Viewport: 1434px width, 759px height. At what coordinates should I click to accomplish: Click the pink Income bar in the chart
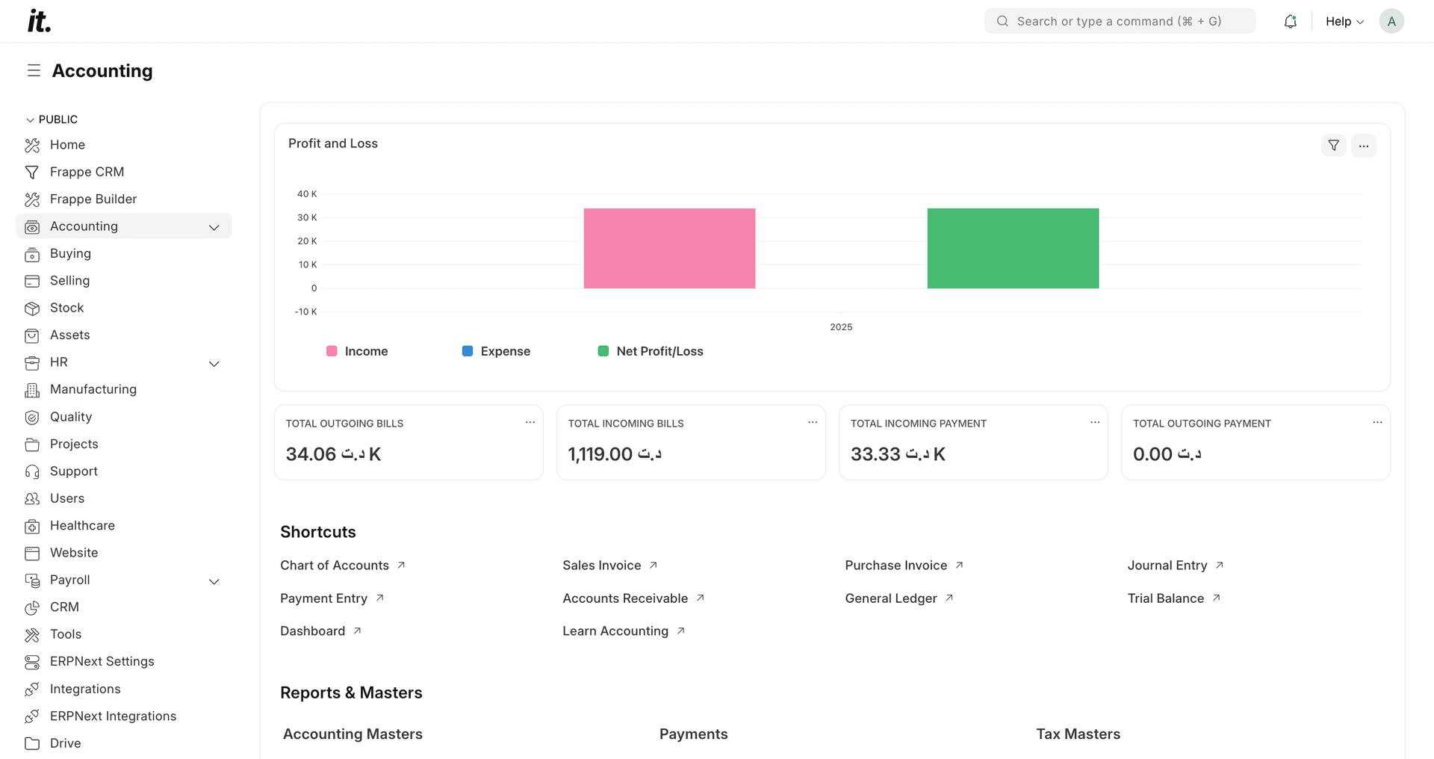(x=669, y=248)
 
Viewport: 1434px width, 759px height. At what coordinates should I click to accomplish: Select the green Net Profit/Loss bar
(x=1013, y=248)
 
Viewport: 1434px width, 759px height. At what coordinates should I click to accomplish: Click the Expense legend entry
(x=496, y=351)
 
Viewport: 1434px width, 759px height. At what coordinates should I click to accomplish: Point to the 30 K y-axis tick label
(x=307, y=217)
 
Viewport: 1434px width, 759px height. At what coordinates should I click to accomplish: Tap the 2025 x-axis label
(x=841, y=327)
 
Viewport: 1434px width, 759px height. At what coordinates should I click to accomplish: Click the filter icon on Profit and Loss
(x=1333, y=146)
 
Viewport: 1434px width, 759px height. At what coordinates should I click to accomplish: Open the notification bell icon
(x=1290, y=22)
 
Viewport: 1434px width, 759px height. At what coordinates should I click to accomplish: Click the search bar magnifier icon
(x=1002, y=22)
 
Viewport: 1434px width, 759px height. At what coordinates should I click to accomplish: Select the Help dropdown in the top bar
(x=1344, y=22)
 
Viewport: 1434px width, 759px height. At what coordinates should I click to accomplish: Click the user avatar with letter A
(x=1391, y=22)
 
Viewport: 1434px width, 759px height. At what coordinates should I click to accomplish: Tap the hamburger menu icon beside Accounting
(x=34, y=71)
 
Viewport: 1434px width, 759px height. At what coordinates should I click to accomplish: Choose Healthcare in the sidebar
(x=82, y=526)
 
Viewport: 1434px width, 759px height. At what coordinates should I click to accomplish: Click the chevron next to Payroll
(x=214, y=581)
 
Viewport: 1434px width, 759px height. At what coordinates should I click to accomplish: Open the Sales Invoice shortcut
(x=602, y=566)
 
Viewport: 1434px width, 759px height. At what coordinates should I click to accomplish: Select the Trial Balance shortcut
(x=1165, y=598)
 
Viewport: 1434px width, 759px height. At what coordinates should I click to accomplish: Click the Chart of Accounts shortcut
(x=335, y=566)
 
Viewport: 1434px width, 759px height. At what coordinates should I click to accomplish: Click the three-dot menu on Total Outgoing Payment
(x=1377, y=423)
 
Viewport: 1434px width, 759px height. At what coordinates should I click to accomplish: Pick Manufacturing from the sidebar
(x=93, y=389)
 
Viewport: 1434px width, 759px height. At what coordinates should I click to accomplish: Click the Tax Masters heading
(x=1078, y=734)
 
